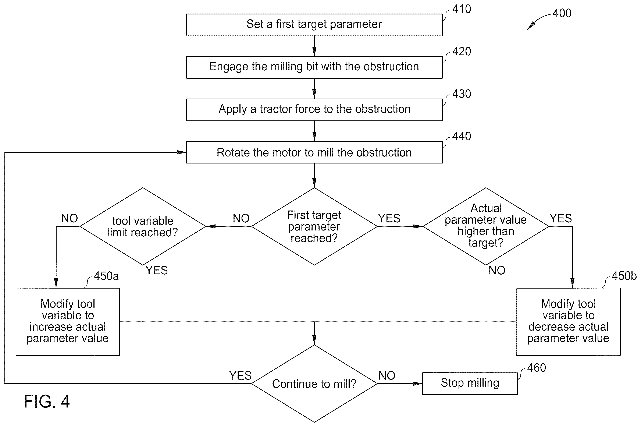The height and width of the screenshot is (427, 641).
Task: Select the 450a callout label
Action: point(106,276)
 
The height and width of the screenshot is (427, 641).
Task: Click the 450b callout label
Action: point(624,276)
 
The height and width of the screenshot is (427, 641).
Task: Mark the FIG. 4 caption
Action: point(47,401)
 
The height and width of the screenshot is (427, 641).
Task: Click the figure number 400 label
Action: point(562,13)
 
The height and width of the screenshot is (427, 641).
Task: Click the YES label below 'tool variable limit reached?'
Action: point(157,270)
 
